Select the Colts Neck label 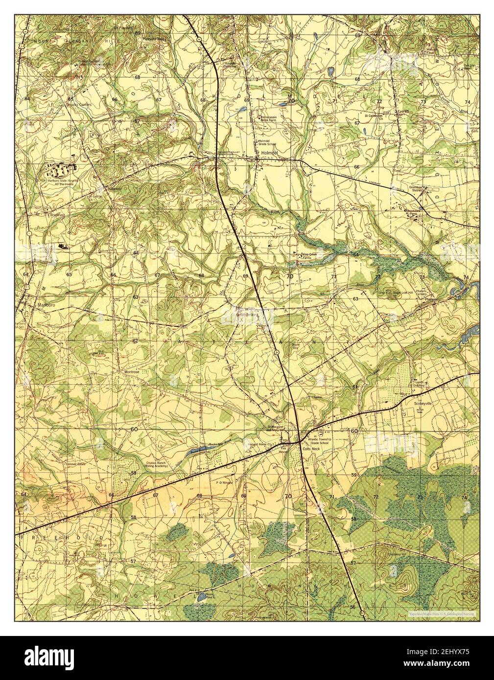tap(311, 448)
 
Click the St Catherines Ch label tap(374, 117)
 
